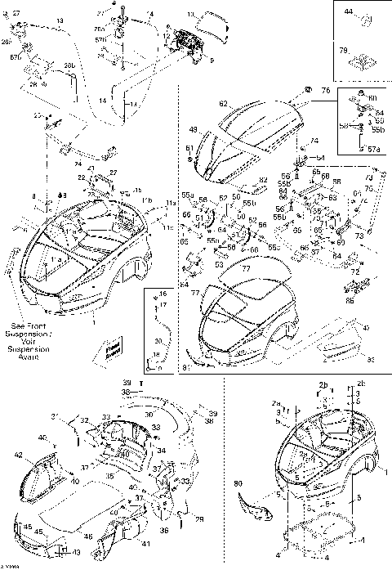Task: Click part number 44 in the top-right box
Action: [347, 12]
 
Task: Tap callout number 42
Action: [18, 454]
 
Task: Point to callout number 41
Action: [145, 544]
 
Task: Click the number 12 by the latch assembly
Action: [166, 38]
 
